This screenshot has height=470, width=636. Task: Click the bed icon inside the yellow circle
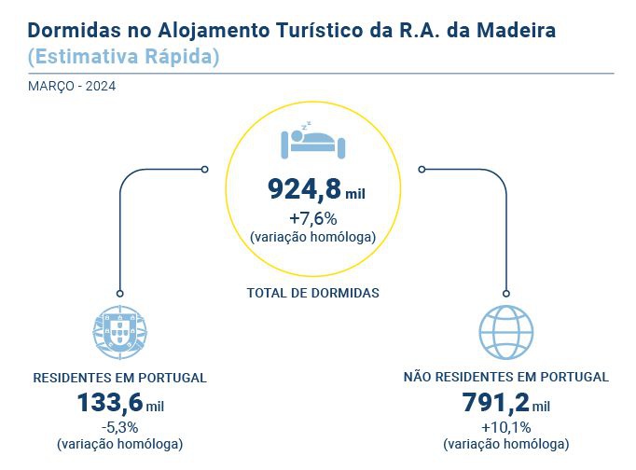pos(313,141)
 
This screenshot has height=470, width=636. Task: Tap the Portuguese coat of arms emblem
pos(120,331)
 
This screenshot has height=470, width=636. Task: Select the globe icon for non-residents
pos(505,331)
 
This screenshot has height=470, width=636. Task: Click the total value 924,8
pos(304,189)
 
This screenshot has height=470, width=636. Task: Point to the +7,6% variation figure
pos(313,219)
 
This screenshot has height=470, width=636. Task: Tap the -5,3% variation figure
pos(119,427)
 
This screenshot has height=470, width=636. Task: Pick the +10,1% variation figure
pos(505,427)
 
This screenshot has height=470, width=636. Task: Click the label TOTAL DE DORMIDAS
pos(313,293)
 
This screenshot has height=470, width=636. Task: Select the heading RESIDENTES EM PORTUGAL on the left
pos(119,378)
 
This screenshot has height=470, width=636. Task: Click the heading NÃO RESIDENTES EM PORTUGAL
pos(505,378)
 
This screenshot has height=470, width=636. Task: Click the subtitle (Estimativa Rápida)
pos(124,56)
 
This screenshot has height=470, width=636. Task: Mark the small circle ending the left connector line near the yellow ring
pos(205,169)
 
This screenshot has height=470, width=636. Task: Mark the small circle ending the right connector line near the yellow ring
pos(422,169)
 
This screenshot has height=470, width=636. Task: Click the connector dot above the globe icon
pos(505,292)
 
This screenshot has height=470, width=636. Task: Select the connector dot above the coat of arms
pos(120,292)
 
